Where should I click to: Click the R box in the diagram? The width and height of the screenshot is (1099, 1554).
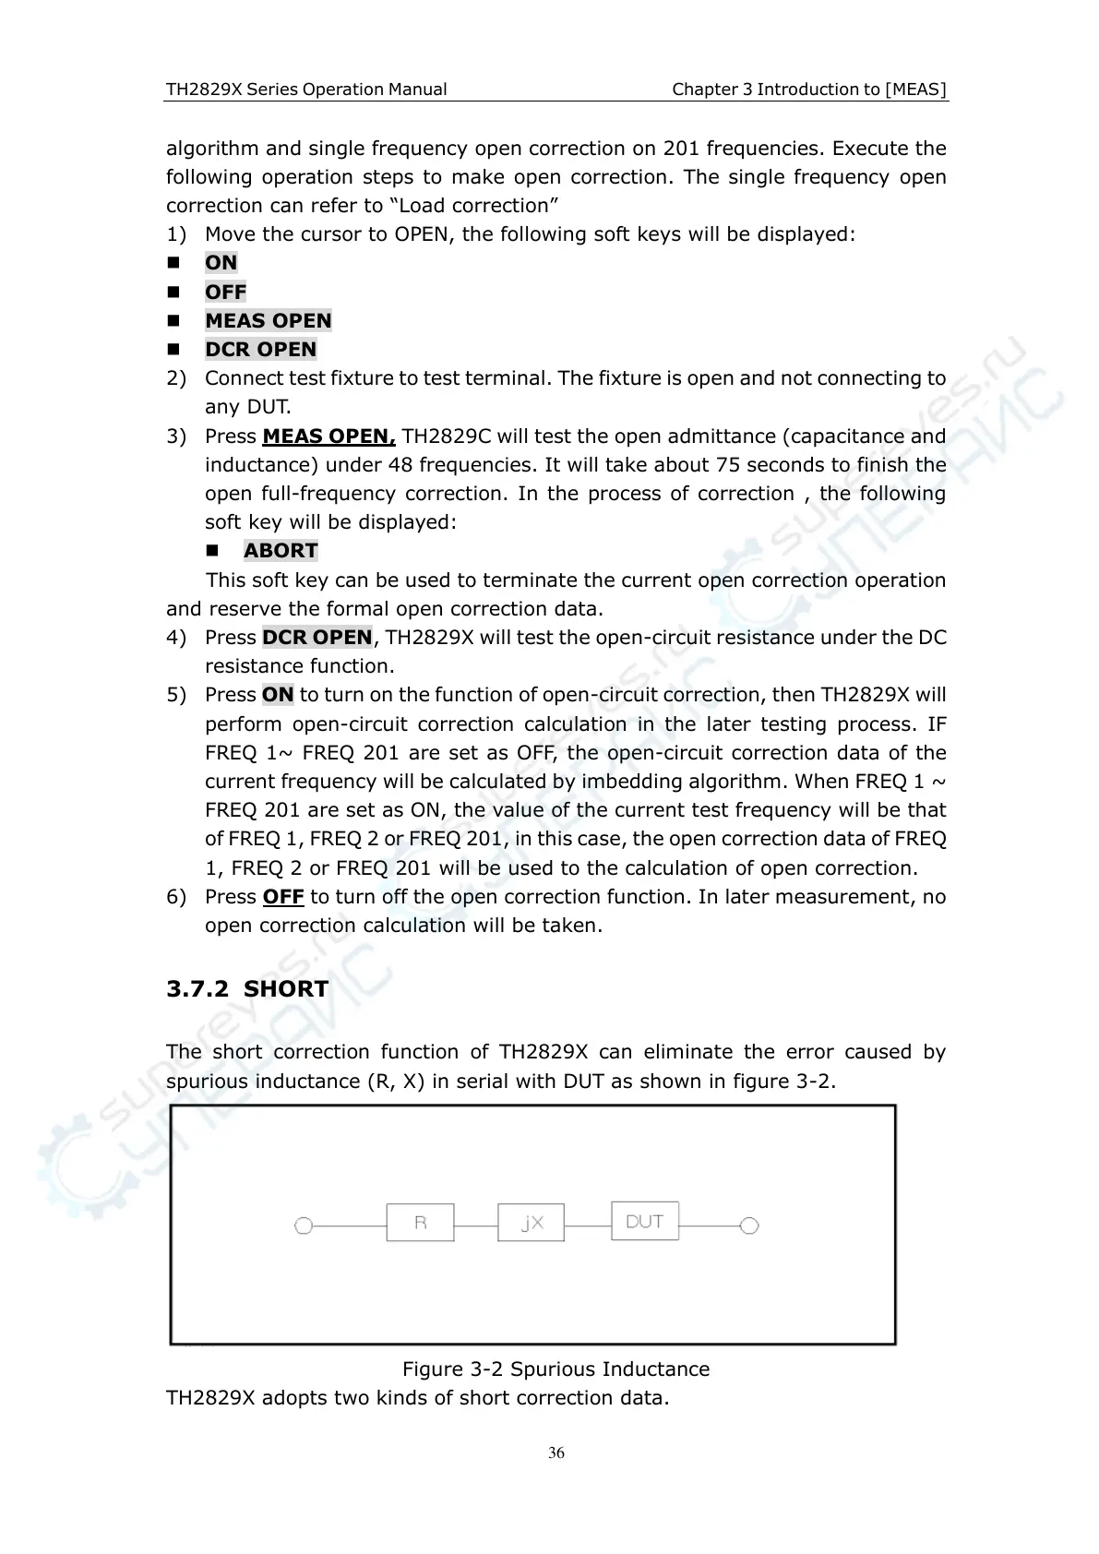420,1223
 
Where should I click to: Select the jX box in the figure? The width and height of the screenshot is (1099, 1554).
531,1223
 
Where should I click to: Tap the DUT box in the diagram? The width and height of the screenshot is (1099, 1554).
644,1221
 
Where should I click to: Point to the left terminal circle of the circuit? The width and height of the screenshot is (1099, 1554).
303,1226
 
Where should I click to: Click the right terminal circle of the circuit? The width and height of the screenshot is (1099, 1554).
749,1225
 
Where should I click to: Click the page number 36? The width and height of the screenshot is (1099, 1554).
556,1453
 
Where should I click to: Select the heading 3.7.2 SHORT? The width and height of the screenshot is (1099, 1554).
247,988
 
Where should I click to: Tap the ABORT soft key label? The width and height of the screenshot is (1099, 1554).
281,551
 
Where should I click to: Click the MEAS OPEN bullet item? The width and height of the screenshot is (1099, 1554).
268,320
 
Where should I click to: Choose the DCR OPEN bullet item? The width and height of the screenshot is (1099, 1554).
260,349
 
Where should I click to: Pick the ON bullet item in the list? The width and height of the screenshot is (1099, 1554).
221,263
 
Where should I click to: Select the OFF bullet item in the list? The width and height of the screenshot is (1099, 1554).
225,292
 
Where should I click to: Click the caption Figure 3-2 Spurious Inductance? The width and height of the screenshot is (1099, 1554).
555,1369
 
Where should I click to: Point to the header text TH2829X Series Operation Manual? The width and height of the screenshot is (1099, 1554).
306,90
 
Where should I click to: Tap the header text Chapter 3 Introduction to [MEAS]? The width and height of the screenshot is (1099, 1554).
809,90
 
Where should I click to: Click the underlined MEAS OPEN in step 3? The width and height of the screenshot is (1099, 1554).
329,436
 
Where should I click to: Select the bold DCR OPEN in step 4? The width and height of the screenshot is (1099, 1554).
317,637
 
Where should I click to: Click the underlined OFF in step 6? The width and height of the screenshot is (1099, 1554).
283,896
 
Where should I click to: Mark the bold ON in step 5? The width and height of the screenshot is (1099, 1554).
278,694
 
